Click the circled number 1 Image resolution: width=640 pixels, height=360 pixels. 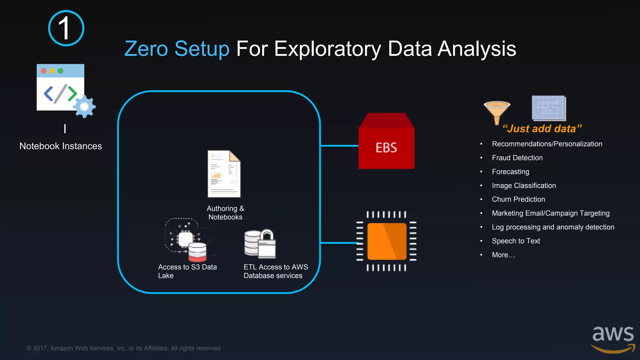[x=66, y=28]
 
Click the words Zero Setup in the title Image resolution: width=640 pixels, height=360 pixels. [x=177, y=49]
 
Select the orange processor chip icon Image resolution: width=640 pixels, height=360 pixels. [x=387, y=241]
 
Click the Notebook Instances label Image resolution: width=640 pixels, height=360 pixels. [x=61, y=146]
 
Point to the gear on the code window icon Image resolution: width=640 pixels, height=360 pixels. [x=84, y=107]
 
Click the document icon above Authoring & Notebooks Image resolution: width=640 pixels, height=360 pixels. [x=224, y=174]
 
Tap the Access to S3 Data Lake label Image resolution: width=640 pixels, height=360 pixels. [x=187, y=271]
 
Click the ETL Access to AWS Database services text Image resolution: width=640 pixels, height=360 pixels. [x=276, y=271]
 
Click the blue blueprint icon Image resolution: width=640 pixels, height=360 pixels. [x=549, y=108]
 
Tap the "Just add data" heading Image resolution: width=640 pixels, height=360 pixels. [x=542, y=129]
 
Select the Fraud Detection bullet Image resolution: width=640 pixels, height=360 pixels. [x=517, y=158]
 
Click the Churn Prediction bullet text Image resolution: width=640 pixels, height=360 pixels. [x=518, y=199]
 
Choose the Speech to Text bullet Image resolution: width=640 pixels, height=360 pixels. [x=516, y=241]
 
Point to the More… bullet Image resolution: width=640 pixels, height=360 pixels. [x=503, y=255]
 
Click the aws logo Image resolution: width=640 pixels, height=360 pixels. [x=613, y=339]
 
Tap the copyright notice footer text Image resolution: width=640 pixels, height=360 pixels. [x=124, y=348]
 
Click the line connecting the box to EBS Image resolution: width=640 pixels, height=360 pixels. [x=339, y=146]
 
